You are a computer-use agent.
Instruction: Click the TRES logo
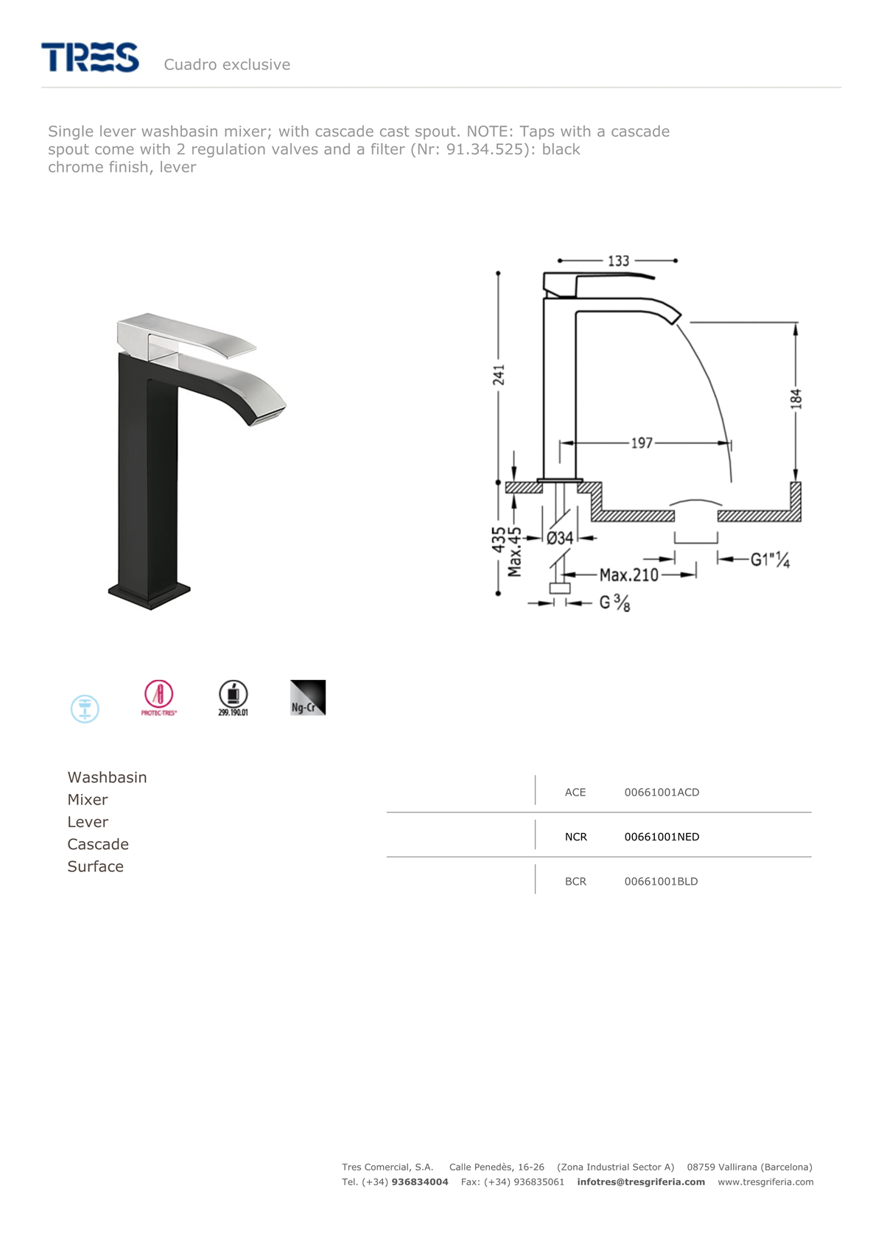90,57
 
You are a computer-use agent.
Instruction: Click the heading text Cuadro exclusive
227,65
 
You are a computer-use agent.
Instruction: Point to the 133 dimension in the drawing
618,261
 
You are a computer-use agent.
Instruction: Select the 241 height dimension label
499,374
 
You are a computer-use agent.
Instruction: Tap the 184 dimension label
796,399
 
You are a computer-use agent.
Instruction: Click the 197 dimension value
642,443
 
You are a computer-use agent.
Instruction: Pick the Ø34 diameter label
560,538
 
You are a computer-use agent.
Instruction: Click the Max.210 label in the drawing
629,575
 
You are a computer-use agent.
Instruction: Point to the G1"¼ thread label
770,559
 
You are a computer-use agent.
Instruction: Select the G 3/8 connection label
614,603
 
